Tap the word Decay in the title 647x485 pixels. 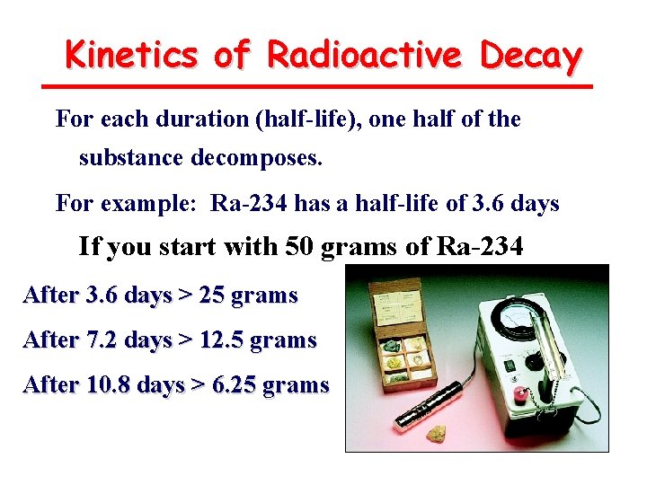click(531, 56)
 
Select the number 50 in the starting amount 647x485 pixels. click(299, 246)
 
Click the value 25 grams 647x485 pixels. click(243, 295)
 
